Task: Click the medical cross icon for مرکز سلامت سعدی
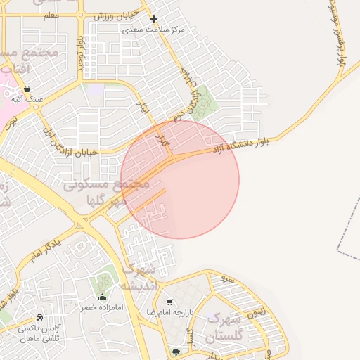(x=154, y=19)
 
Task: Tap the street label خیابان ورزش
(x=112, y=16)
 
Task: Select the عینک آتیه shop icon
(x=27, y=89)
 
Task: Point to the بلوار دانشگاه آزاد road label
(x=240, y=146)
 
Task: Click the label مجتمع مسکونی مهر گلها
(x=106, y=192)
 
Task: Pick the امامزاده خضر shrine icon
(x=103, y=297)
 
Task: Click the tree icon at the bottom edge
(x=175, y=351)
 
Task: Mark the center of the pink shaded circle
(x=180, y=179)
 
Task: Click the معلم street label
(x=50, y=14)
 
